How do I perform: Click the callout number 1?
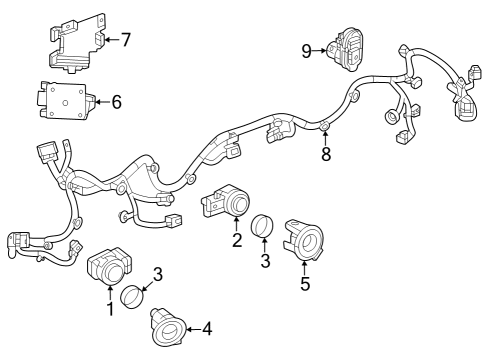pos(110,309)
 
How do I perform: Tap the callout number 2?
pos(237,240)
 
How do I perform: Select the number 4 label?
pos(207,327)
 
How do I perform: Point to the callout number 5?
pos(305,284)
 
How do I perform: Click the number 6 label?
pos(116,101)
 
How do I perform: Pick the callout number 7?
pos(125,40)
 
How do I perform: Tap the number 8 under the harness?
pos(325,154)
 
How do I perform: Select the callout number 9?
pos(307,48)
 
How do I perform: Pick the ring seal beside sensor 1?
pos(134,296)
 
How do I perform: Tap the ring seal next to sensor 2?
pos(262,226)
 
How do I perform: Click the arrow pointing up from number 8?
pos(325,138)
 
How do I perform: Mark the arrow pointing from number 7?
pos(110,40)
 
